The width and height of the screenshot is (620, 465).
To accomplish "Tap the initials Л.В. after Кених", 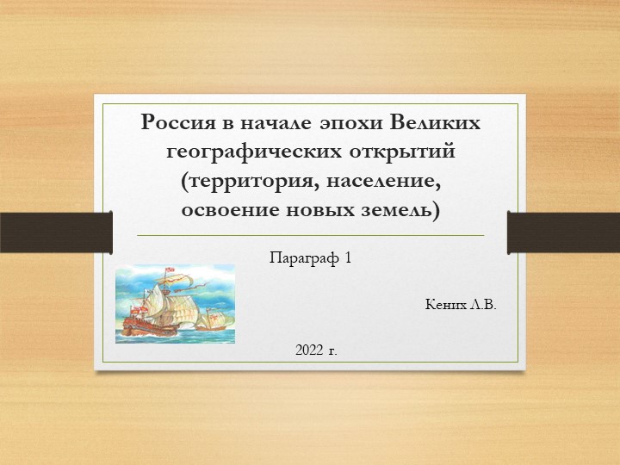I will [x=484, y=306].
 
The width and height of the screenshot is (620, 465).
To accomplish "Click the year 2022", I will [x=308, y=350].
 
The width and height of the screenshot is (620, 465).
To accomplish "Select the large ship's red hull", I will [x=142, y=326].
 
